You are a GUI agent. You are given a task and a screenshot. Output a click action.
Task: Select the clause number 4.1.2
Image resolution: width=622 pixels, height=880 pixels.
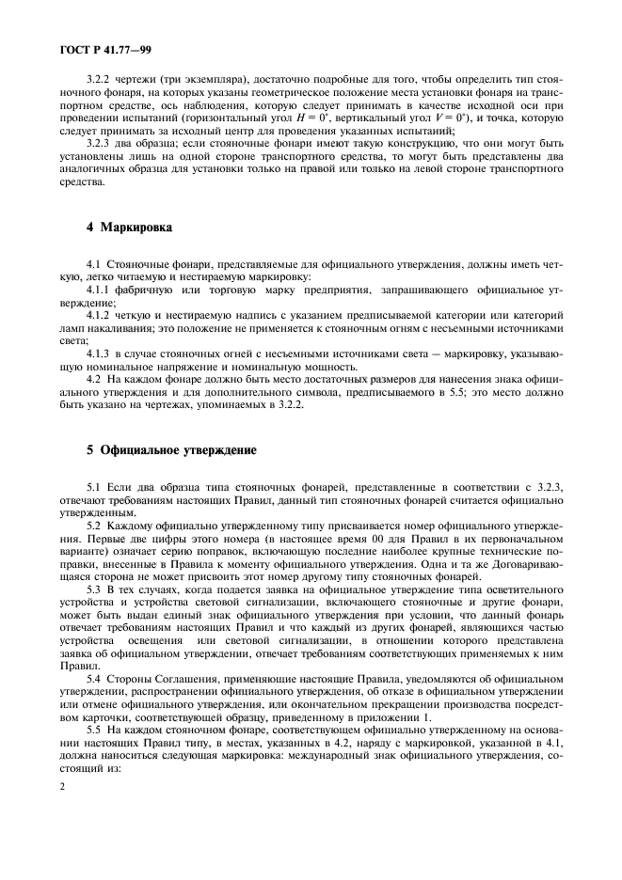point(99,317)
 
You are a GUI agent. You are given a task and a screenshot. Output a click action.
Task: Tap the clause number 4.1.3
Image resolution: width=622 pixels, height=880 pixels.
point(99,352)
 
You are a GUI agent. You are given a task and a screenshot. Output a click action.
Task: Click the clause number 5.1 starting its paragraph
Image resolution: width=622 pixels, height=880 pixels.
point(93,489)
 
